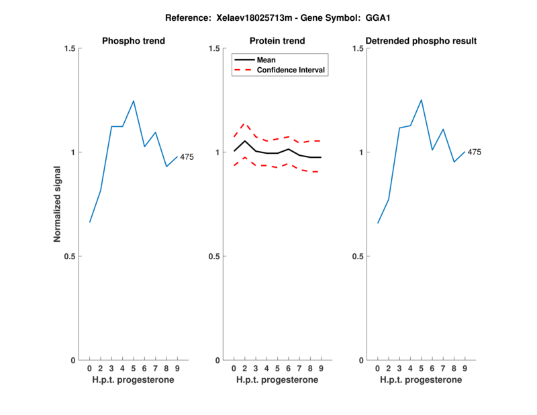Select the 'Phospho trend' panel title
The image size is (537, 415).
pos(134,41)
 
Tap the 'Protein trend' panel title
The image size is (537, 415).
pos(277,41)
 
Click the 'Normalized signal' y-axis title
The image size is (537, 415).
pos(58,204)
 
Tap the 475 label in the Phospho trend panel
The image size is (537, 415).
pos(187,157)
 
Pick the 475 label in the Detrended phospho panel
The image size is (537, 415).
pos(475,152)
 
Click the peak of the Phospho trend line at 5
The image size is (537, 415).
pos(134,101)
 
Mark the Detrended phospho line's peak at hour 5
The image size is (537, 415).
pos(422,100)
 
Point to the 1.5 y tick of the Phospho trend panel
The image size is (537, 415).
pos(69,48)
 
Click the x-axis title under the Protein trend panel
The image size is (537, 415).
pos(277,380)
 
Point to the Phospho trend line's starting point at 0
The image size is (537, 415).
pos(90,222)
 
